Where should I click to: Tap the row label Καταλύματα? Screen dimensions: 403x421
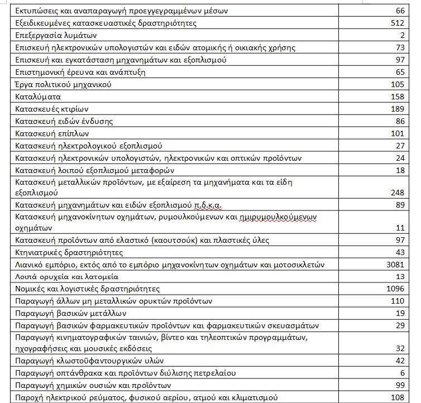pos(39,97)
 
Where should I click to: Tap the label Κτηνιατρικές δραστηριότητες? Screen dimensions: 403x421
pos(69,252)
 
